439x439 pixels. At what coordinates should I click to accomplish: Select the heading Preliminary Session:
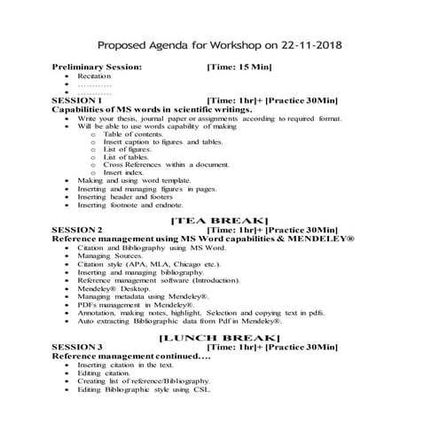(97, 67)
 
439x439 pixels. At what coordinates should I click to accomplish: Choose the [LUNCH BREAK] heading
(218, 337)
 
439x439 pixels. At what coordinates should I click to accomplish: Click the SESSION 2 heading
(78, 229)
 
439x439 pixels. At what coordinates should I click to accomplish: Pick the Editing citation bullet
(104, 372)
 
